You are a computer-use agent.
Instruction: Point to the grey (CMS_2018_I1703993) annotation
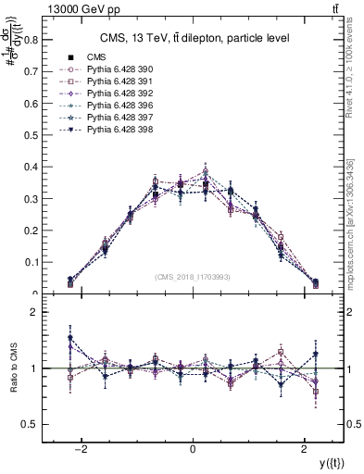click(x=193, y=277)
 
